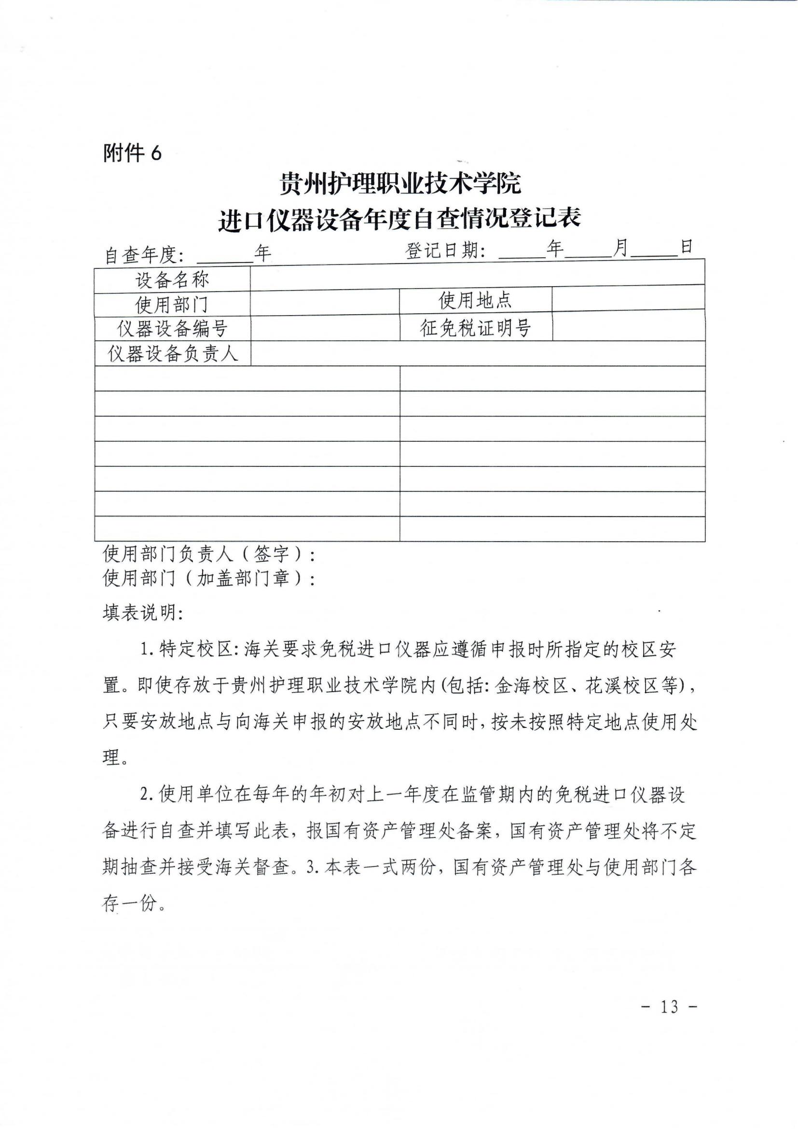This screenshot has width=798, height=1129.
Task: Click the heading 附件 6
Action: (x=132, y=153)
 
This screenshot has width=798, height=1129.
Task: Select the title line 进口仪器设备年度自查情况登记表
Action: (x=399, y=218)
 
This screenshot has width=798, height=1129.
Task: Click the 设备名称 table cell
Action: (x=172, y=280)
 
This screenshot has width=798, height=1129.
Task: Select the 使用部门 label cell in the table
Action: (x=172, y=305)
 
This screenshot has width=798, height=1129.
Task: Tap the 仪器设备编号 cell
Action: (x=172, y=329)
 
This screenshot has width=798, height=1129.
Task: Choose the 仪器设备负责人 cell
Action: (x=172, y=353)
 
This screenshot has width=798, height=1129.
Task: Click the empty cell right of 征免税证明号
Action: (x=628, y=326)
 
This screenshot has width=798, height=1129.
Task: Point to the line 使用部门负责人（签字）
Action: (x=209, y=555)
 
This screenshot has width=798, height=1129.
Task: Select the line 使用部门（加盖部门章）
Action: (x=209, y=578)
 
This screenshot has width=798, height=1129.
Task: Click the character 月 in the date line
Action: (x=621, y=249)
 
